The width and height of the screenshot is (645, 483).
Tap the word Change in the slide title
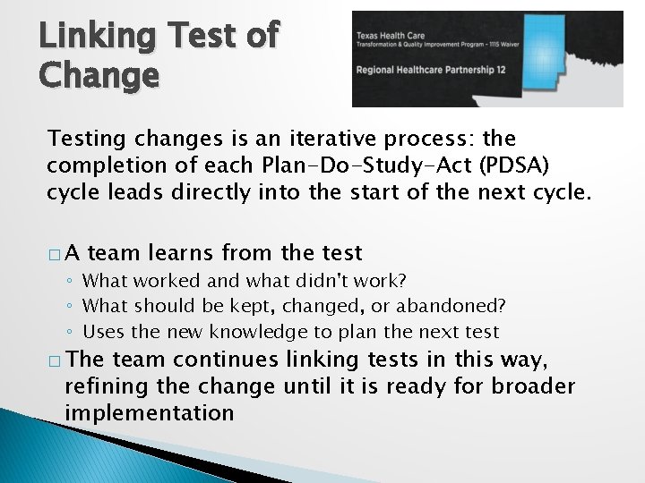99,76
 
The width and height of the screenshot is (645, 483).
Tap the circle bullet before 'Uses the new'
73,333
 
